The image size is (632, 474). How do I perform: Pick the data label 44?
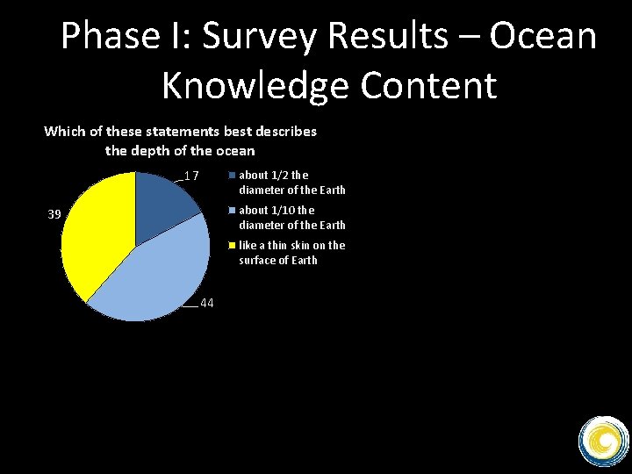208,303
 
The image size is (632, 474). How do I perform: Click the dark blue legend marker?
233,175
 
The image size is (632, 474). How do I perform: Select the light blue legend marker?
233,210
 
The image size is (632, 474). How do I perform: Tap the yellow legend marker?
233,245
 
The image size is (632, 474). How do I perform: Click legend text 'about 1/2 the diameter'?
291,183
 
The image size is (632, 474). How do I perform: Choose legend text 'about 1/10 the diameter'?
291,218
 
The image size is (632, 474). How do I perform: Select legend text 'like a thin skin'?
291,253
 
